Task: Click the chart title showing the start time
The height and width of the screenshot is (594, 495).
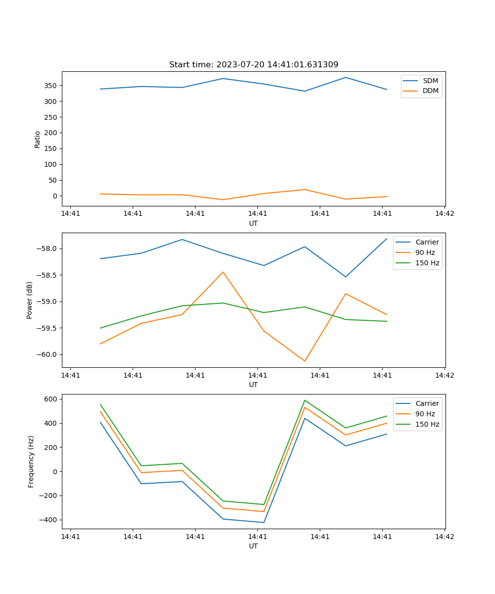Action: pos(253,65)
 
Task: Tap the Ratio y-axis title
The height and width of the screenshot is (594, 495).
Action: pos(38,139)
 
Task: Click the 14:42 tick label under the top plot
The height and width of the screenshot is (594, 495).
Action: pos(444,214)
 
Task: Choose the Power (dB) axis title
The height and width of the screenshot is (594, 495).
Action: pos(30,300)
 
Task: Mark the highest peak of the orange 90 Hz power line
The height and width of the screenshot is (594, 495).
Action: pos(223,272)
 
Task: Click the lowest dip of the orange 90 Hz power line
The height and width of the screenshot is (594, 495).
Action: pos(304,361)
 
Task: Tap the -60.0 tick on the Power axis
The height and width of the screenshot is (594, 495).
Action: pos(47,354)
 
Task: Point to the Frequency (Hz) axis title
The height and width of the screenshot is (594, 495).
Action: pos(31,461)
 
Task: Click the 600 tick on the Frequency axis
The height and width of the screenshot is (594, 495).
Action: pos(51,399)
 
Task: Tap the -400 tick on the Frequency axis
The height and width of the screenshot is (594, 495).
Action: pos(49,520)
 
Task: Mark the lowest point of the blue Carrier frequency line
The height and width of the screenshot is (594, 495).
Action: pos(263,522)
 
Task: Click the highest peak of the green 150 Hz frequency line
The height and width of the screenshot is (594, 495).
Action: pos(304,400)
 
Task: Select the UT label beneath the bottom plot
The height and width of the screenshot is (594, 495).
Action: pos(253,546)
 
